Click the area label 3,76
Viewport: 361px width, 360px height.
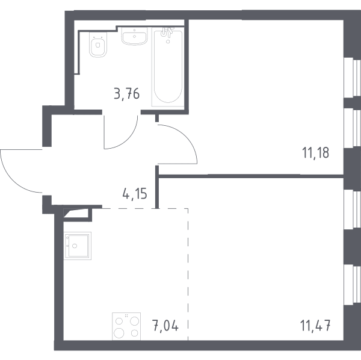126,94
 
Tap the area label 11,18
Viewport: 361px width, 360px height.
315,153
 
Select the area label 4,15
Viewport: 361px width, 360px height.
135,194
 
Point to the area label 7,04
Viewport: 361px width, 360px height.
165,326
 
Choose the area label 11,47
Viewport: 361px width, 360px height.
315,326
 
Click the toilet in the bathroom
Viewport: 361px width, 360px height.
98,45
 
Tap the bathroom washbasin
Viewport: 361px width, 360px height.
134,36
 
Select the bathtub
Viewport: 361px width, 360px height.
168,67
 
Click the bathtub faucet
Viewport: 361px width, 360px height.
167,33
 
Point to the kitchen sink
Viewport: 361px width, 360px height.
78,246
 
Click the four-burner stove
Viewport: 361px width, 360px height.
126,326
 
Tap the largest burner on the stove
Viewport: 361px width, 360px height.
119,333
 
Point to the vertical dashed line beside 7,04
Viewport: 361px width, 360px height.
188,274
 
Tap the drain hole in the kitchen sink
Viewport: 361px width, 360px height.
75,246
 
